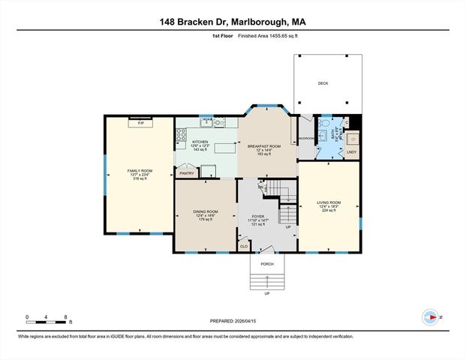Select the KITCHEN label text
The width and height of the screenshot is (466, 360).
[200, 142]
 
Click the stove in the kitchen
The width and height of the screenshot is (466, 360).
[181, 136]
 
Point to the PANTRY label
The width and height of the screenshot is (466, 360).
[186, 173]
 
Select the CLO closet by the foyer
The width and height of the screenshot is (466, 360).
[244, 245]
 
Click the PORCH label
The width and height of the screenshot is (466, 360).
[267, 262]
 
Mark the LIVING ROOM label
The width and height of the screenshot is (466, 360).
[329, 202]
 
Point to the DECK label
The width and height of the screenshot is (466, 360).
[323, 83]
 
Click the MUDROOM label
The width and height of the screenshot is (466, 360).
[305, 139]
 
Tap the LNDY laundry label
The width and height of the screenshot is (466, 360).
[351, 152]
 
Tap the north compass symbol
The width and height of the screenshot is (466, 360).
[431, 317]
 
